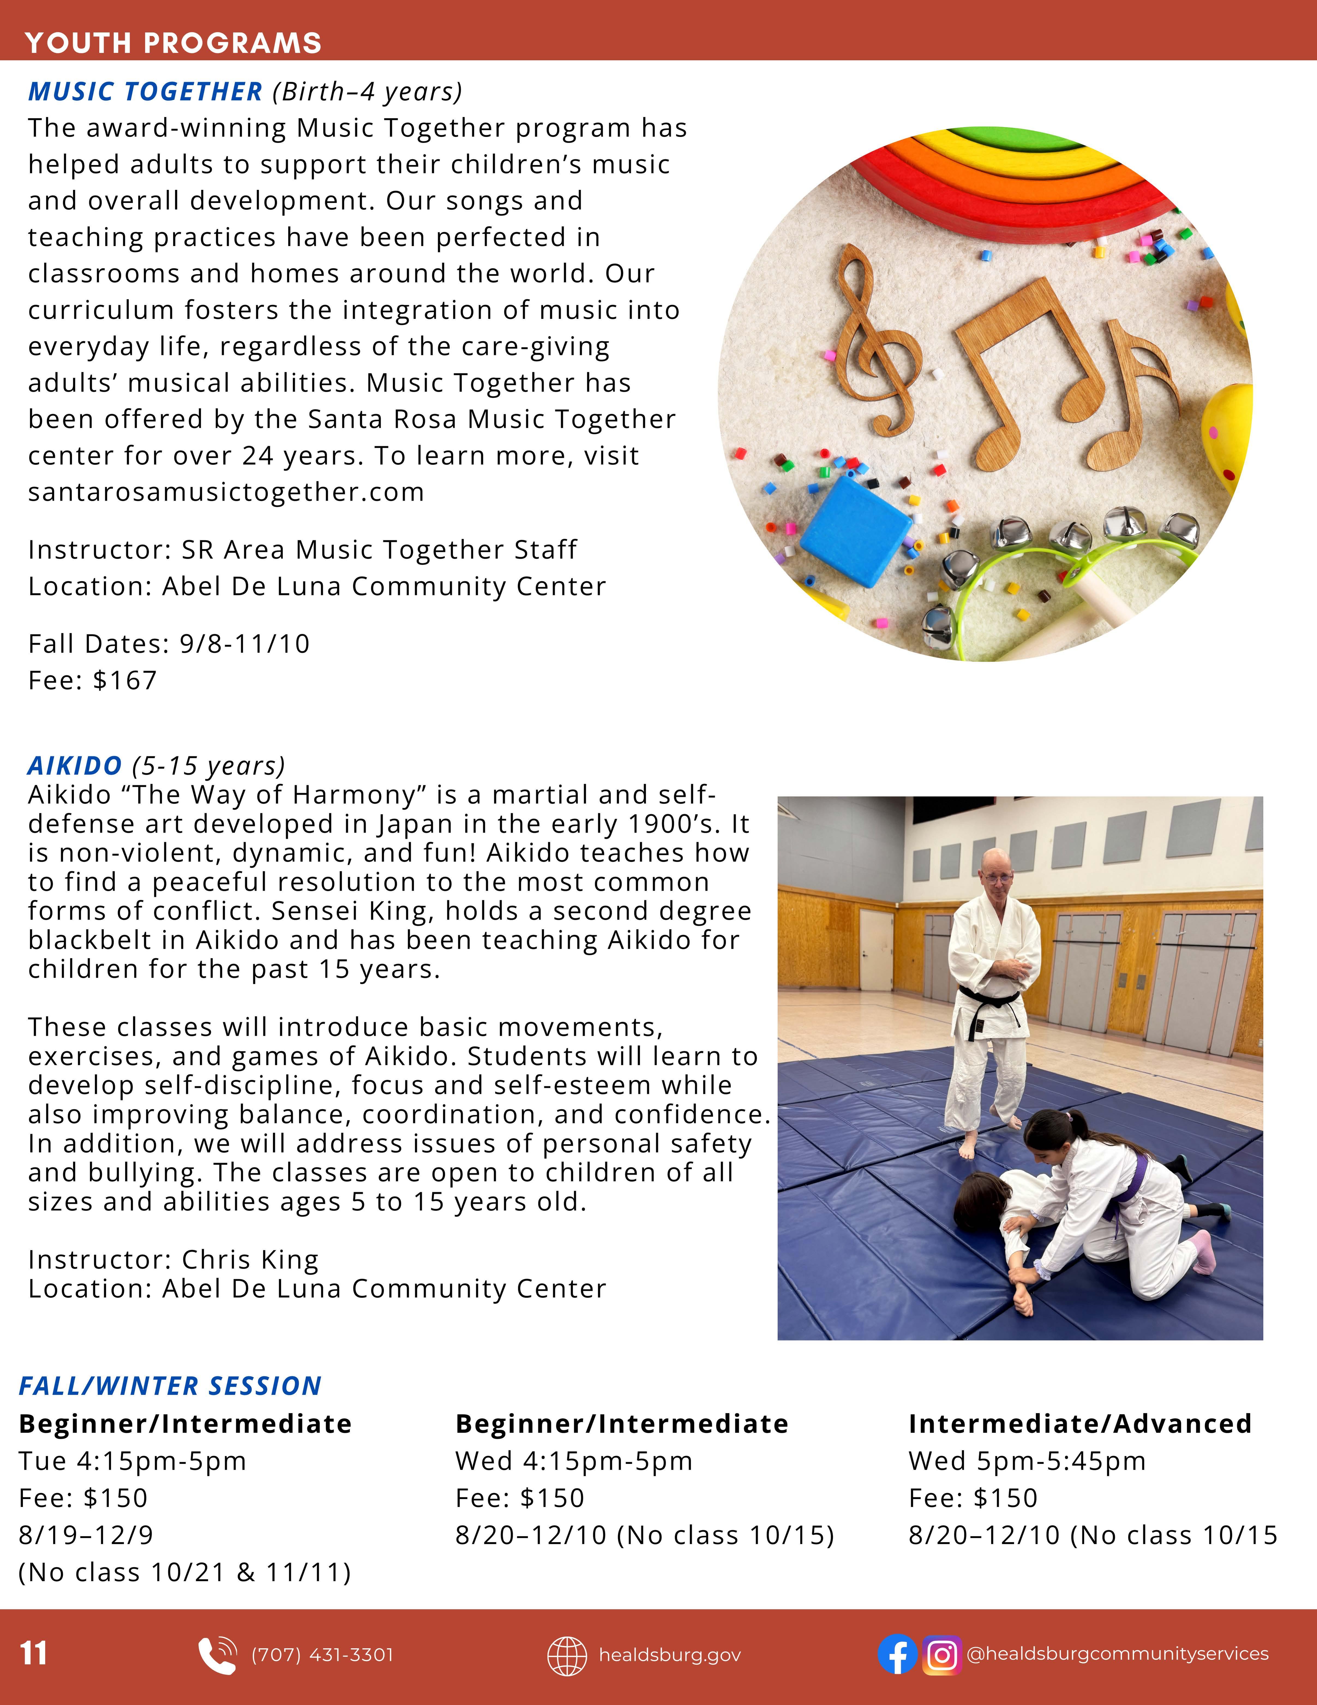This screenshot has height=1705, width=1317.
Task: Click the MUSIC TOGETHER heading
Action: [145, 92]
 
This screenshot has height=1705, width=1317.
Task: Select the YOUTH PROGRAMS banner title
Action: [173, 43]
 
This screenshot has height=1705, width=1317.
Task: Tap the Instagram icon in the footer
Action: [941, 1654]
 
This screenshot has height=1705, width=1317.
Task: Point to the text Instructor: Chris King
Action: [173, 1259]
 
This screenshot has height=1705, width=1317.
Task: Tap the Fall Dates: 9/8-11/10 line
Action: [169, 644]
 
